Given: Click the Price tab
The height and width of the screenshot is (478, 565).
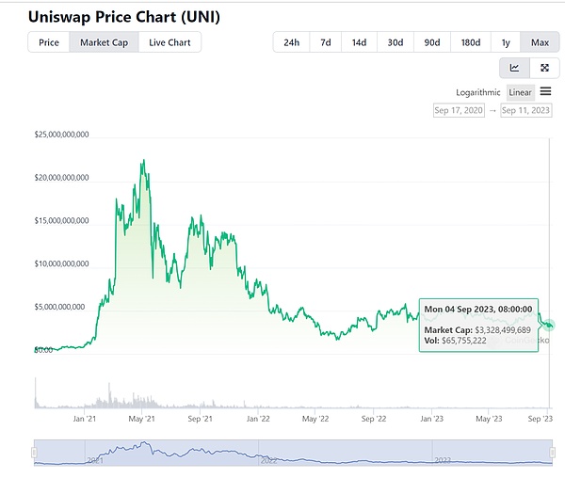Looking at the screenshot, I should coord(49,42).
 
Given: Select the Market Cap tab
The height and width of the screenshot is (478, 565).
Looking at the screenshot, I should coord(104,42).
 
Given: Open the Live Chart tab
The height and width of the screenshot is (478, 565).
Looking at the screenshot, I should coord(169,42).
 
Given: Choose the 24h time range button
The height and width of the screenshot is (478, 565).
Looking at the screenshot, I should coord(291,42).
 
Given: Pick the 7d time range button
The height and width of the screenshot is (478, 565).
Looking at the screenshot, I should coord(325,42).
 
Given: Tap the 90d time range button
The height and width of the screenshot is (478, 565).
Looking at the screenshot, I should coord(431,42).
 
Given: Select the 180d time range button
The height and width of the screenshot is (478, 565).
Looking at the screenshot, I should coord(470,42).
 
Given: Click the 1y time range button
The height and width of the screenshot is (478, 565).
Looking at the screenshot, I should coord(506,42).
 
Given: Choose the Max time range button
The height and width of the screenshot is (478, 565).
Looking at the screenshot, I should coord(540,42).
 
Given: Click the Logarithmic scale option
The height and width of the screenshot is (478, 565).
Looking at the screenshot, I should coord(478,91).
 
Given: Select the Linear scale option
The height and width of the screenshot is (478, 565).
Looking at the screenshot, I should coord(520,91).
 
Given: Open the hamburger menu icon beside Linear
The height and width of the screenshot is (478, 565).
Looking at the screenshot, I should coord(545,91).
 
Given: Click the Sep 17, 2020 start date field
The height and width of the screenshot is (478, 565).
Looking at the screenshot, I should coord(459,110).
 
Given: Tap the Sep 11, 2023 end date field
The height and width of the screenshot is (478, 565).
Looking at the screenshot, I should coord(525,110).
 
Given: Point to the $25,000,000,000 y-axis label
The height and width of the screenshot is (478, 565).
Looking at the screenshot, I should coord(61,135).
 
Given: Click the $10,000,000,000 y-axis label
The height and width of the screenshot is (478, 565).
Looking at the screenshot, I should coord(61,264).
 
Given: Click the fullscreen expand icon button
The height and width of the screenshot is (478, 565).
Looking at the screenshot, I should coord(545,68).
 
